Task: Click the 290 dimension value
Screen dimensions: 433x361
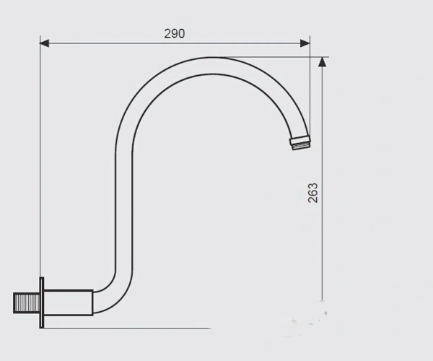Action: pyautogui.click(x=175, y=34)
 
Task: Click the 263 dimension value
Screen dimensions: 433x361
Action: pyautogui.click(x=313, y=193)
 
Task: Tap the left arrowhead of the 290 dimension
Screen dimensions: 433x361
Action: pyautogui.click(x=45, y=43)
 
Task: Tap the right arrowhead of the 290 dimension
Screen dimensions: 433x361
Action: pyautogui.click(x=305, y=43)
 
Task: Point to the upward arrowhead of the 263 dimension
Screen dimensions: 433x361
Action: pyautogui.click(x=322, y=61)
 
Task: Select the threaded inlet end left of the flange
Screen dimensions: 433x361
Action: pyautogui.click(x=27, y=303)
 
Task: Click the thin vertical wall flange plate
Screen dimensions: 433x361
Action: pyautogui.click(x=42, y=303)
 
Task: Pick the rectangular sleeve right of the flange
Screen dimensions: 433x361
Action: pyautogui.click(x=69, y=303)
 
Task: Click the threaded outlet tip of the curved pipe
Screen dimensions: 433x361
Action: pyautogui.click(x=300, y=142)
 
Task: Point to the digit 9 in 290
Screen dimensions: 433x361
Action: pyautogui.click(x=175, y=34)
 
